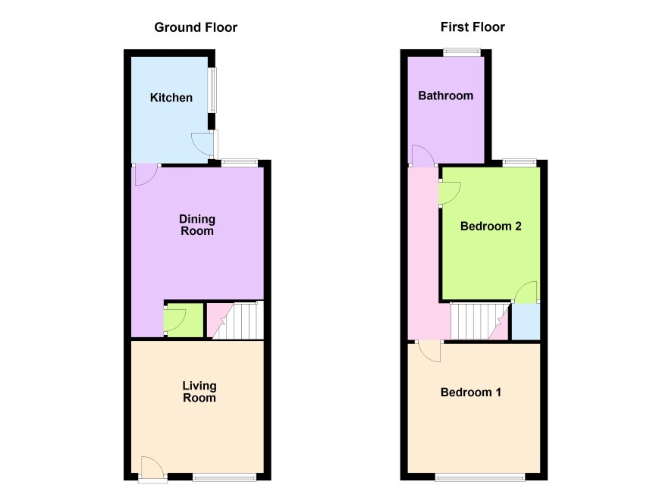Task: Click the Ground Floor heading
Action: (196, 27)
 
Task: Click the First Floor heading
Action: (473, 27)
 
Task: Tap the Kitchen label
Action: (171, 98)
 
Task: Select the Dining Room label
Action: (196, 225)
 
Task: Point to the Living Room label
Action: (199, 392)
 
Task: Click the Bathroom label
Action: (446, 95)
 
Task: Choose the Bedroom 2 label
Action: (491, 226)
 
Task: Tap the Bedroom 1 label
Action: (470, 392)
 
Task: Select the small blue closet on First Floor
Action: (526, 322)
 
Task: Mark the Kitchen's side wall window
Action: (212, 90)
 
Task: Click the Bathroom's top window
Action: (462, 52)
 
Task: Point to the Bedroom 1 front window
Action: (479, 477)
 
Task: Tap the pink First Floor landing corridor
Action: (423, 252)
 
